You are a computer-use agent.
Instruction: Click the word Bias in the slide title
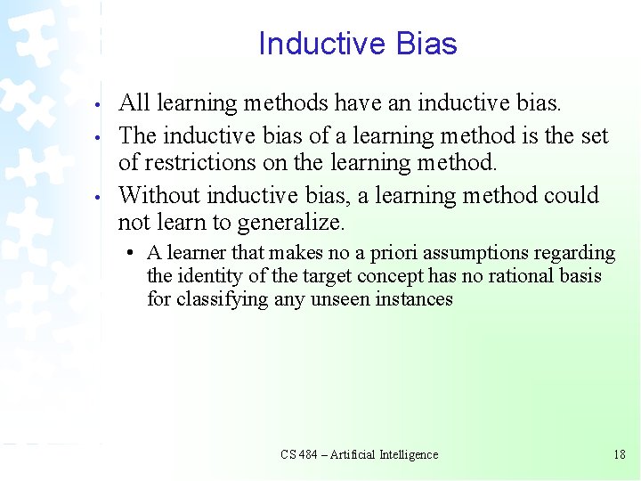click(426, 44)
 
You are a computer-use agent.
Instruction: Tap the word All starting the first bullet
click(134, 103)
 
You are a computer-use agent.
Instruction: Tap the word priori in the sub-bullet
click(376, 254)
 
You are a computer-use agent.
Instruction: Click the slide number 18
click(620, 454)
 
